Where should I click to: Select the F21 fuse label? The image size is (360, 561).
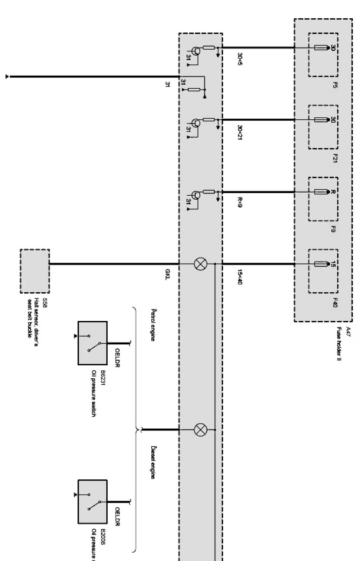click(x=335, y=158)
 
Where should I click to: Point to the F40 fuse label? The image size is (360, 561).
click(x=335, y=303)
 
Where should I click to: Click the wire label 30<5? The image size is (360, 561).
click(x=240, y=59)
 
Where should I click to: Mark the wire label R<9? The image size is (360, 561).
click(x=240, y=204)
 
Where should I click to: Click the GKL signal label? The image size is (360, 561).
click(x=167, y=276)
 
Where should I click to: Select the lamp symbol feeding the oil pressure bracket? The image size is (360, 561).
click(x=200, y=430)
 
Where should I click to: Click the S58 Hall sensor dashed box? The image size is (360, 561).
click(x=35, y=271)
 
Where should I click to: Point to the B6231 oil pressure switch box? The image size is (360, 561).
click(x=92, y=343)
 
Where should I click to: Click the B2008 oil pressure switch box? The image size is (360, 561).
click(x=92, y=501)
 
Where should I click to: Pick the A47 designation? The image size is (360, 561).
click(x=348, y=330)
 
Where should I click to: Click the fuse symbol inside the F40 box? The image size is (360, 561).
click(x=320, y=264)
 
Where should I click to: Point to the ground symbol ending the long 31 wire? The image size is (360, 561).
click(x=7, y=77)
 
